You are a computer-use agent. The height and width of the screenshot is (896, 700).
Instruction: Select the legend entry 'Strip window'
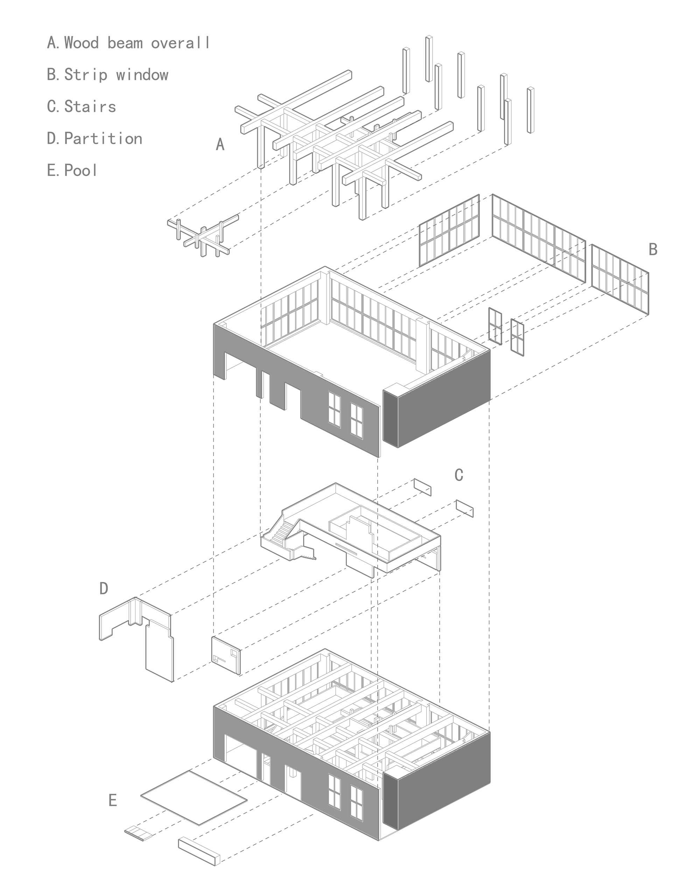[x=116, y=75]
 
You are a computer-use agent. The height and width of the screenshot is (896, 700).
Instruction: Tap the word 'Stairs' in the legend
[x=90, y=107]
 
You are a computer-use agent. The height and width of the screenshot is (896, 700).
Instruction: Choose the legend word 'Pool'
[x=80, y=170]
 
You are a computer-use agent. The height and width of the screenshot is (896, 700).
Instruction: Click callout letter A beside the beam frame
[x=220, y=144]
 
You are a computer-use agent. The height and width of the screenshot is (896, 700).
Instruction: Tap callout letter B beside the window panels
[x=653, y=249]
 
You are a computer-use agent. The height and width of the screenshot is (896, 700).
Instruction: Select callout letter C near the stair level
[x=459, y=475]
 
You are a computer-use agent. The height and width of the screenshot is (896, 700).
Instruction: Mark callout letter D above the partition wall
[x=104, y=588]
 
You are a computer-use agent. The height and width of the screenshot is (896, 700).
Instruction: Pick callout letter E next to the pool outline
[x=112, y=800]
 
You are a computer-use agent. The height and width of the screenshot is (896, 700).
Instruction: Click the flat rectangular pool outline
[x=194, y=797]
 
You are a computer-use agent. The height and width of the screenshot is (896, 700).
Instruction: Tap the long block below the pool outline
[x=199, y=851]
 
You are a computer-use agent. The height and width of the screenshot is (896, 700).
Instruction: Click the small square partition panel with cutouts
[x=226, y=655]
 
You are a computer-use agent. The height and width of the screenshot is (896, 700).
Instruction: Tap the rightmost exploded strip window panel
[x=620, y=279]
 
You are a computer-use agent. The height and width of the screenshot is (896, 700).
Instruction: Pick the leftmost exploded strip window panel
[x=449, y=230]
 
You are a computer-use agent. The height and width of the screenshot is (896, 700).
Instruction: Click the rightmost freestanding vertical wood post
[x=531, y=110]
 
